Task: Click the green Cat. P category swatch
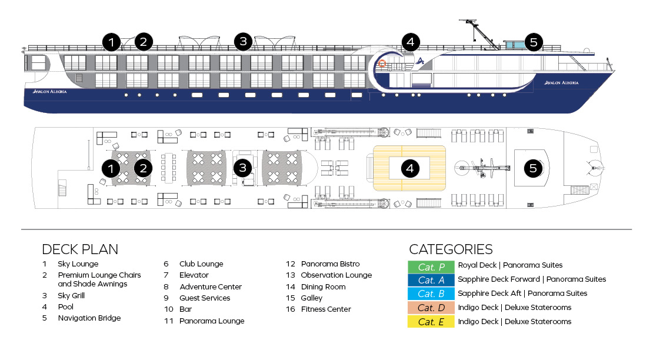click(431, 266)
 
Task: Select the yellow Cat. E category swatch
click(431, 322)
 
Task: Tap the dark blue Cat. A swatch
click(431, 279)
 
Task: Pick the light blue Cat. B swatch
click(431, 294)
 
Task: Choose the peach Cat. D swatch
click(431, 308)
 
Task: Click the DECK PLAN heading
click(80, 249)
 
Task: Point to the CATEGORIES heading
click(451, 249)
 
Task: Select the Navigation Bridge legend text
click(89, 318)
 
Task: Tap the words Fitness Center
click(325, 309)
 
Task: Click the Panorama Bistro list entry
click(329, 264)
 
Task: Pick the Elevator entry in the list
click(194, 275)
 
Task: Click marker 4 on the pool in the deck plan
click(410, 168)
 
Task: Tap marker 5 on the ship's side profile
click(533, 42)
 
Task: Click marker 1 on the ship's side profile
click(111, 42)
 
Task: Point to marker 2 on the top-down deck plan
click(143, 168)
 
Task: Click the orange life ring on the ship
click(382, 64)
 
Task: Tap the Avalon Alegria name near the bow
click(562, 83)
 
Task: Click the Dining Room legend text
click(323, 287)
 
